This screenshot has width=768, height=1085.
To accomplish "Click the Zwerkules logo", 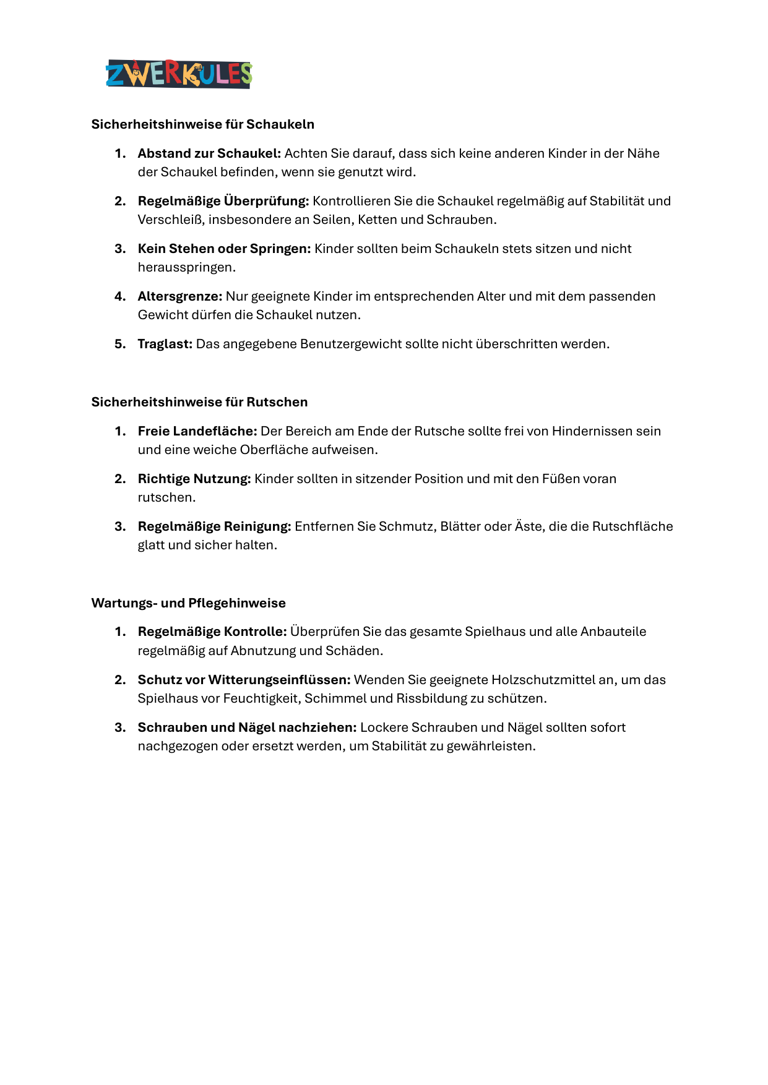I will pos(179,74).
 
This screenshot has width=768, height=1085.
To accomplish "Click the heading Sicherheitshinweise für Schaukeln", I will pos(203,124).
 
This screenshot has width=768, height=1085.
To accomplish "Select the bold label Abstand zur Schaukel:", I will pos(209,153).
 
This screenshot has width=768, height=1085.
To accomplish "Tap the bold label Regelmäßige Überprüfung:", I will pos(223,201).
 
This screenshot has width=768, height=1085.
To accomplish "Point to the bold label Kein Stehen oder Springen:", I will pos(224,249).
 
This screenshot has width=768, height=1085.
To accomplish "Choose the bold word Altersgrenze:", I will pos(180,296).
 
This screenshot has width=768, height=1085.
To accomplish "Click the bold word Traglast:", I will pos(165,344).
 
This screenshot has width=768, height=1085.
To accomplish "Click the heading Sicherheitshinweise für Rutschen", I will pos(199,402).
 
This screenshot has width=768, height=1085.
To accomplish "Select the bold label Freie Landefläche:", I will pos(197,431).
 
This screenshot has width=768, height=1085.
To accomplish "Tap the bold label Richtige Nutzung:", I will pos(194,479).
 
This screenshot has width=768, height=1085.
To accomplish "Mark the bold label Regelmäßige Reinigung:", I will pos(214,526).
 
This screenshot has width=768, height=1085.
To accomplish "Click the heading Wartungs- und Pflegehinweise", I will pos(189,603).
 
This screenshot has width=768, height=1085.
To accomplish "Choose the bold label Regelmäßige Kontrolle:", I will pos(212,632).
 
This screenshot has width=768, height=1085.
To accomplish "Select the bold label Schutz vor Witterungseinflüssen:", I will pos(244,680).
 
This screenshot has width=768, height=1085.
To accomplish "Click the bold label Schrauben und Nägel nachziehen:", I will pos(247,727).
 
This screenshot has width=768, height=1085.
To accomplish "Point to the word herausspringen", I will pos(186,267).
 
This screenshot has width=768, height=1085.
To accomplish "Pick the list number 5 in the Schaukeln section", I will pos(119,344).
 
